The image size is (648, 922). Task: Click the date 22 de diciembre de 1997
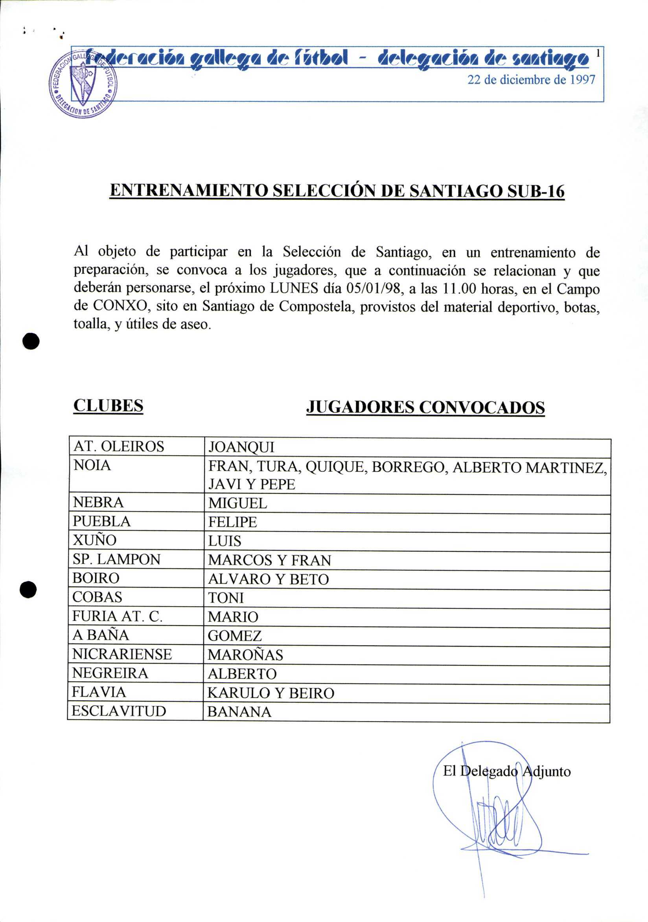coord(531,80)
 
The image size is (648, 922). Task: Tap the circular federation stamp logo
coord(83,84)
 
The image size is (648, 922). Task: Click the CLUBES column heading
coord(109,406)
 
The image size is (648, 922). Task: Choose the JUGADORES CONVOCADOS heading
coord(425,407)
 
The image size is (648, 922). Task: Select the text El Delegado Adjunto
coord(507,771)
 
